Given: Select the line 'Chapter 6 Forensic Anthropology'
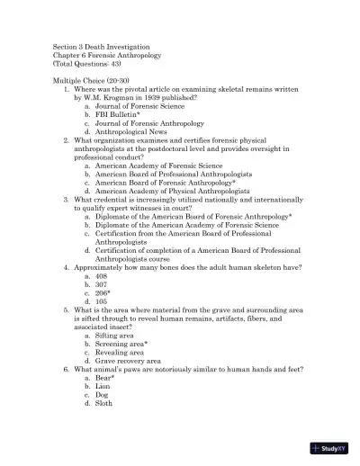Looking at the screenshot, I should pyautogui.click(x=106, y=55).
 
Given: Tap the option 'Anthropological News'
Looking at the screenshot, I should pyautogui.click(x=133, y=132).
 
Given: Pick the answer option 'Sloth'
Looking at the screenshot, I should pyautogui.click(x=104, y=404).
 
